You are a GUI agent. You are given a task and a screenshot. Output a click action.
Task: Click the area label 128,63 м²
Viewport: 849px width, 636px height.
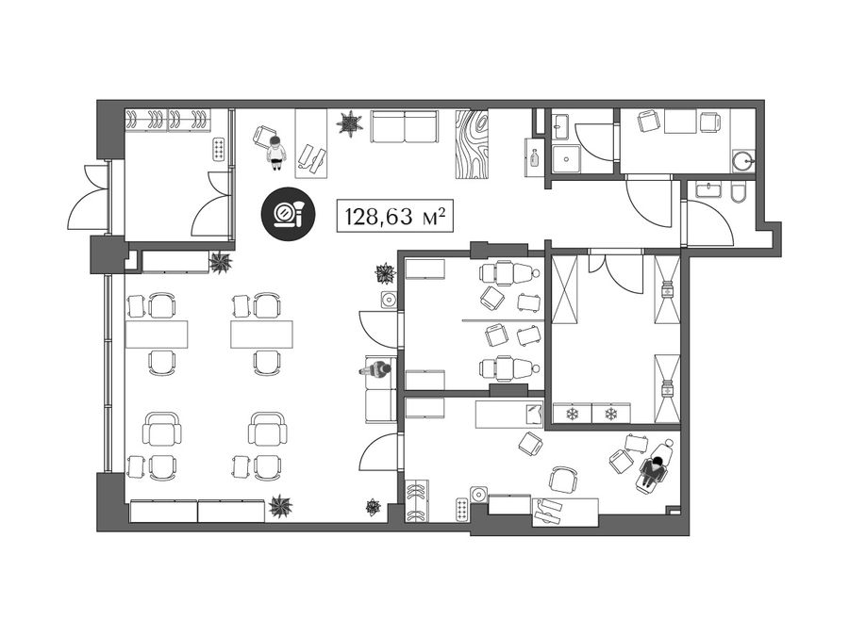(395, 217)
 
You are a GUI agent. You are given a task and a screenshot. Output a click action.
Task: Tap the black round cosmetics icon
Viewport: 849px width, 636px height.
(288, 213)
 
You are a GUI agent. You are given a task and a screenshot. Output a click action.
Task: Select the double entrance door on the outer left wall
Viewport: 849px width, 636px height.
(89, 198)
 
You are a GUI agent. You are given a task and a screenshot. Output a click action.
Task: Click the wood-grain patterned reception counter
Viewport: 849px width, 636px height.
(472, 144)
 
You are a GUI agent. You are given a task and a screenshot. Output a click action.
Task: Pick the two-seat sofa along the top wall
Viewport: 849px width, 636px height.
(404, 126)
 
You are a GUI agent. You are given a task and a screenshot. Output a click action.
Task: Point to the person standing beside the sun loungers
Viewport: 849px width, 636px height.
(276, 153)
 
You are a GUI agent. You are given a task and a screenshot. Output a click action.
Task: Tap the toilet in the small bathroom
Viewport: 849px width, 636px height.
(738, 192)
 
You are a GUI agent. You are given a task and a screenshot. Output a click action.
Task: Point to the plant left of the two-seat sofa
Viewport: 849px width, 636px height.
(349, 123)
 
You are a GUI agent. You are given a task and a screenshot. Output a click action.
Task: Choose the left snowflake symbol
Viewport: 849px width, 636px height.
(572, 415)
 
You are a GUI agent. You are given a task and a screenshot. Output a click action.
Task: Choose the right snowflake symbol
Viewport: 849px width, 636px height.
(610, 415)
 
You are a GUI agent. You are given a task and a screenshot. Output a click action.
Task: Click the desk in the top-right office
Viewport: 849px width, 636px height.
(680, 122)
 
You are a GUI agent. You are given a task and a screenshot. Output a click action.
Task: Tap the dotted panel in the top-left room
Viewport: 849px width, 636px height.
(219, 149)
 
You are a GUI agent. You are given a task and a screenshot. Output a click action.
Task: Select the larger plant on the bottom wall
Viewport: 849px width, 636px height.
(280, 506)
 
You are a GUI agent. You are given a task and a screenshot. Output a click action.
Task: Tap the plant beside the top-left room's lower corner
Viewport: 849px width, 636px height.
(221, 263)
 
